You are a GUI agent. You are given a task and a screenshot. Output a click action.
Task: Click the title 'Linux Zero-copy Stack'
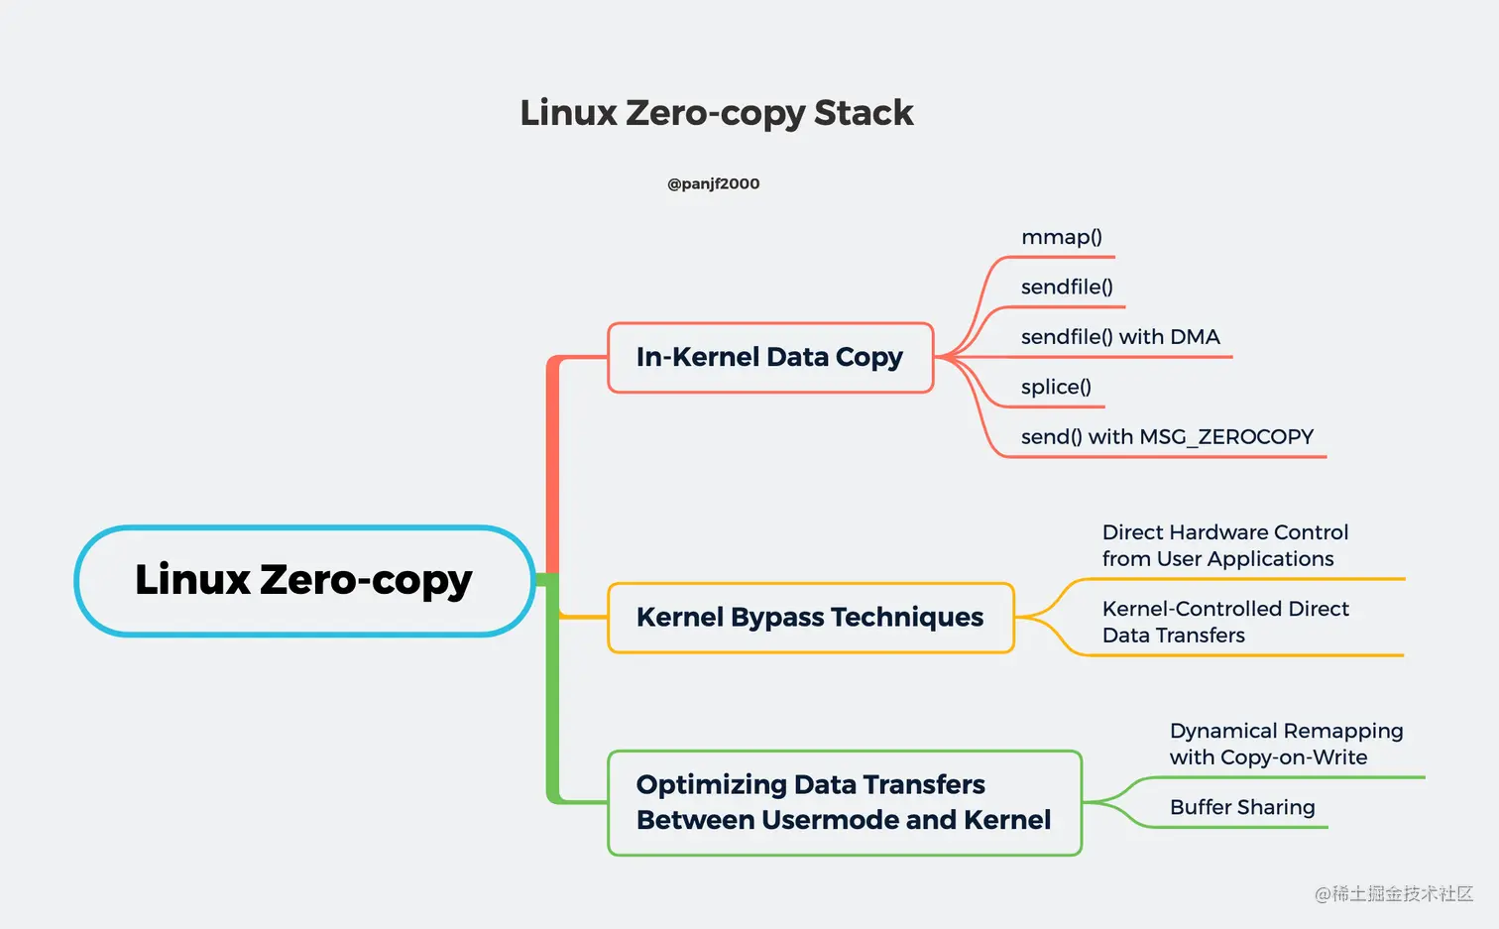[x=716, y=113]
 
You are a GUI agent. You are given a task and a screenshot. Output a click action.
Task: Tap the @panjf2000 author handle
[x=713, y=183]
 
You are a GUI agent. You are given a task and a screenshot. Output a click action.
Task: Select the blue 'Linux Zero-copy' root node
[x=303, y=580]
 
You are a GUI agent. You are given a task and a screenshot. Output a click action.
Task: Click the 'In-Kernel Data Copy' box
[x=769, y=357]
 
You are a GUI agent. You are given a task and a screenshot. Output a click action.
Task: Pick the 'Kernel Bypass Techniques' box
[x=809, y=617]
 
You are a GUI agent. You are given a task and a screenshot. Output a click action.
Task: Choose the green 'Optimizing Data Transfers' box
[x=843, y=802]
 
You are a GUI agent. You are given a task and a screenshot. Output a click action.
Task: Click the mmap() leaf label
[x=1061, y=237]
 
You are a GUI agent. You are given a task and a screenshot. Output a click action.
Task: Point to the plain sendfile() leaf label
[x=1067, y=287]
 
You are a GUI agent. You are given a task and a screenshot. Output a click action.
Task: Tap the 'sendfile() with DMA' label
[x=1120, y=337]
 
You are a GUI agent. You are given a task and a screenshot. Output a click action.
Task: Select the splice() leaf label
[x=1056, y=387]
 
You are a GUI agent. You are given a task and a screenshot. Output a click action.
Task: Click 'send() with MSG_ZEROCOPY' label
[x=1167, y=436]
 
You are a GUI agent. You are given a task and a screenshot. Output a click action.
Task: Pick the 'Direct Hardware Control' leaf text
[x=1224, y=545]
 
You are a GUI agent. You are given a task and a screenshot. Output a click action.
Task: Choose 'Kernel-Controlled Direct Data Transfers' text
[x=1224, y=622]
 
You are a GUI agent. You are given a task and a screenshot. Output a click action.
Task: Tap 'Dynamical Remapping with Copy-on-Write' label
[x=1286, y=744]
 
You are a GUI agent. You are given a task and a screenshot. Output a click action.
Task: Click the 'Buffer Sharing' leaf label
[x=1242, y=807]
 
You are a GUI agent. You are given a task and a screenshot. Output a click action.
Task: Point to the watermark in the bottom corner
[x=1393, y=893]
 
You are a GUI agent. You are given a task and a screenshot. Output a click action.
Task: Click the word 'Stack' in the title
[x=863, y=113]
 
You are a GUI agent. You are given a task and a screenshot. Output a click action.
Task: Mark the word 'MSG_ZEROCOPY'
[x=1226, y=436]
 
